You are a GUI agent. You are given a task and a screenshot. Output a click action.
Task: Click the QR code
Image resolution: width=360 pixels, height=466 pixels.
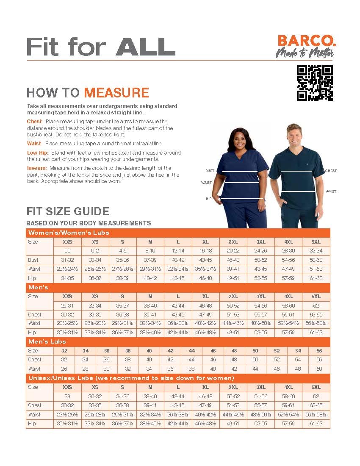pos(315,83)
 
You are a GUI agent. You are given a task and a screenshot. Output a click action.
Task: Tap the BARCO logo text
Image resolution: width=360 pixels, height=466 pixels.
pos(307,41)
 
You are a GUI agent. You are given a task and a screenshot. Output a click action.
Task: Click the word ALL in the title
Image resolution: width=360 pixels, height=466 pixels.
pos(146,47)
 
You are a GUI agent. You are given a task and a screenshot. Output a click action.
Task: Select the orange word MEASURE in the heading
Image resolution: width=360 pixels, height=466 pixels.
pos(116,92)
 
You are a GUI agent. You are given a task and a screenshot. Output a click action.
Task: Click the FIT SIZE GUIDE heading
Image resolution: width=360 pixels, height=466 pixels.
pos(68,211)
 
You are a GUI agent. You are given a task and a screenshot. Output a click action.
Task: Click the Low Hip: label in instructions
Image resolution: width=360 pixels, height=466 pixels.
pos(38,153)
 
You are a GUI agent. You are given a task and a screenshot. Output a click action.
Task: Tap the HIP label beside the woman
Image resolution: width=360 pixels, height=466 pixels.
pos(208,198)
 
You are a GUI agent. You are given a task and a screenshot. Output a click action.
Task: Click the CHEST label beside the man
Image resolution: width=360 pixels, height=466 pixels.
pos(331,171)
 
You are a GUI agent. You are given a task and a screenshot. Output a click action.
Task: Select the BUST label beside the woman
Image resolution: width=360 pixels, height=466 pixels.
pos(210,171)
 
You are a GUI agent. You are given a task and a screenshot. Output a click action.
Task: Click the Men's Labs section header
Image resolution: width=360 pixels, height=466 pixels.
pos(47,341)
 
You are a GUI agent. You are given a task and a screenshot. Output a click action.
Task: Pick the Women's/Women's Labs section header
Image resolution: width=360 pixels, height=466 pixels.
pos(68,233)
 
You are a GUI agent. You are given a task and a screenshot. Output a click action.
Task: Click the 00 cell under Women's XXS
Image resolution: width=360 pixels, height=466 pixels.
pos(67,251)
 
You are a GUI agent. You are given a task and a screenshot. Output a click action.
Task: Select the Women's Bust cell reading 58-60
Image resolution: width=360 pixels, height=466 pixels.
pos(316,260)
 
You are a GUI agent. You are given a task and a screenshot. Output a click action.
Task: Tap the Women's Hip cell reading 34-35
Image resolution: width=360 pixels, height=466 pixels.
pos(67,278)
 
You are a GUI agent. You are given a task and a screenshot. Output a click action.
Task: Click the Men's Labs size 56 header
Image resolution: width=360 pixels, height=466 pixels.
pos(319,351)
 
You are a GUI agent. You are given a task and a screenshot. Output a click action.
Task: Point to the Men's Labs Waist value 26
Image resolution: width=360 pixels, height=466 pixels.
pos(64,369)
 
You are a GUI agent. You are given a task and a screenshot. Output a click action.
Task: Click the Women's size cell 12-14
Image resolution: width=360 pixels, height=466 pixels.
pos(178,251)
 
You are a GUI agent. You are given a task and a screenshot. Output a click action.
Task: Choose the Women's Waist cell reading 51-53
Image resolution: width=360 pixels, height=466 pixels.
pos(316,269)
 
